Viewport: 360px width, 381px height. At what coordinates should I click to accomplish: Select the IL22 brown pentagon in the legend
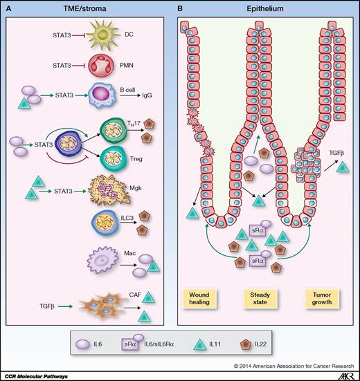click(259, 342)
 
